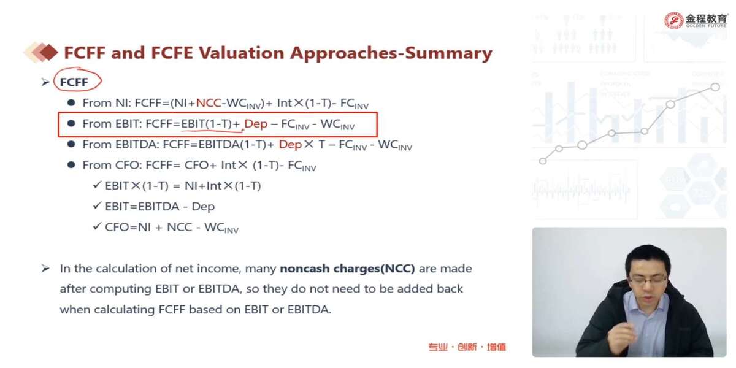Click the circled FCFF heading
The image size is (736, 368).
click(x=74, y=82)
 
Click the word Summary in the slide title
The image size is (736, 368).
click(x=448, y=53)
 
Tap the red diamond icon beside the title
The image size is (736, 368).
click(x=48, y=52)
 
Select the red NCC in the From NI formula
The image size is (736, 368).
click(x=209, y=103)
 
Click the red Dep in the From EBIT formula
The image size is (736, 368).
click(x=256, y=124)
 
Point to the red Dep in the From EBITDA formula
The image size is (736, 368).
click(x=290, y=145)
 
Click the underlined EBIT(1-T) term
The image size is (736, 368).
click(x=206, y=124)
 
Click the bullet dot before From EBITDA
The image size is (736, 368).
click(x=71, y=144)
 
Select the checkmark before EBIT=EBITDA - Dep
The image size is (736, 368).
click(x=98, y=205)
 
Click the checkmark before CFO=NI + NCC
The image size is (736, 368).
click(x=98, y=226)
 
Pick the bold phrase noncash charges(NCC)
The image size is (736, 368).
click(x=347, y=269)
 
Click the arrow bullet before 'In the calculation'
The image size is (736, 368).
click(x=45, y=269)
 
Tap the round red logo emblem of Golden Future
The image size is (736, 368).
click(x=673, y=21)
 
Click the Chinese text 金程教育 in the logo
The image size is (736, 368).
click(x=706, y=18)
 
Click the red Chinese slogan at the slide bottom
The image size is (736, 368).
click(x=467, y=347)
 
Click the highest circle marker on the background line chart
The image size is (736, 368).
click(x=715, y=87)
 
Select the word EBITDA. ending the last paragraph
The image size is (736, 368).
click(x=309, y=310)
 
